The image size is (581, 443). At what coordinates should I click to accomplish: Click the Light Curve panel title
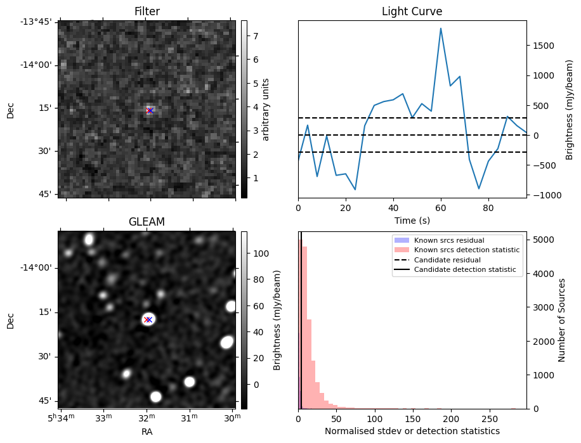tap(412, 11)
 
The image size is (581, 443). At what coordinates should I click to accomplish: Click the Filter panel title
tap(147, 11)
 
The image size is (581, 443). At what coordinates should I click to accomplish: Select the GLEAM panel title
tap(147, 222)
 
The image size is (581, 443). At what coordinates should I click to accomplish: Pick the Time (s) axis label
tap(412, 219)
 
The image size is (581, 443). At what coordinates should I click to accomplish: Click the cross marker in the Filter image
tap(150, 110)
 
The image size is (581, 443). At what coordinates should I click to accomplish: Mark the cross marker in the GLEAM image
tap(148, 319)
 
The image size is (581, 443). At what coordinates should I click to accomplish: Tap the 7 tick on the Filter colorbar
tap(254, 36)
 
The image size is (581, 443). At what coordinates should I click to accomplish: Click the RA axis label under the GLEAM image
tap(147, 431)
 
